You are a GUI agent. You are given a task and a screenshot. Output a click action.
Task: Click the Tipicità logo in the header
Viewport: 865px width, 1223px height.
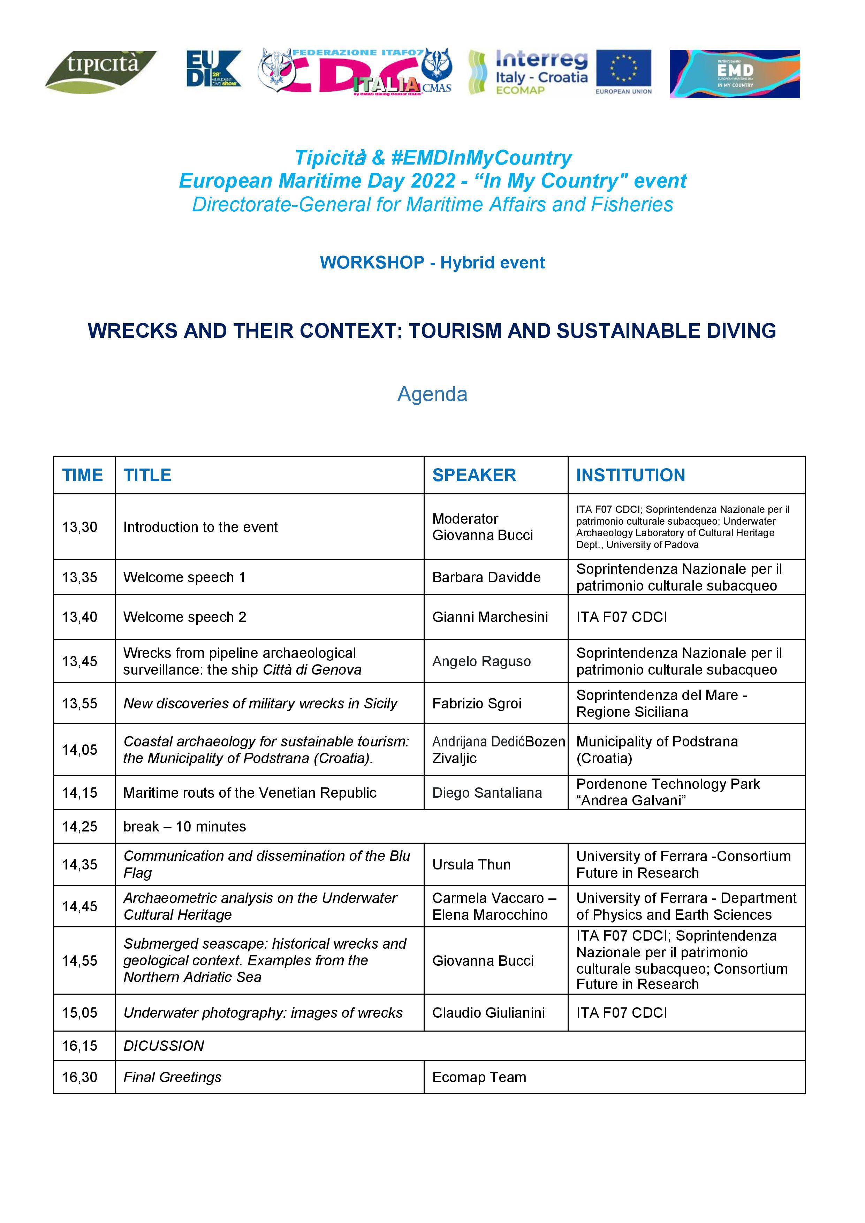100,71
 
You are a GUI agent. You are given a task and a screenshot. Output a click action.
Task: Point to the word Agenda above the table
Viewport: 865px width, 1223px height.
432,394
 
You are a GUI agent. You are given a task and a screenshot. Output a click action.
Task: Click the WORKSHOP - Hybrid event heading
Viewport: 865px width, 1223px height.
432,263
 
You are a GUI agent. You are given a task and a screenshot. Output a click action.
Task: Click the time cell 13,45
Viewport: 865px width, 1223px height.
80,662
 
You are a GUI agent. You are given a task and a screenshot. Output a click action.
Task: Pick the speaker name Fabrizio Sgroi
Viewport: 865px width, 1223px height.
476,704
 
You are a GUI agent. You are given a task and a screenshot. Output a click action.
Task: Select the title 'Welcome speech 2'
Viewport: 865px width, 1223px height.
184,617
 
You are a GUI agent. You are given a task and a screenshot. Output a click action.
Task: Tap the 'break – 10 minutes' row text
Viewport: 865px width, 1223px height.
184,827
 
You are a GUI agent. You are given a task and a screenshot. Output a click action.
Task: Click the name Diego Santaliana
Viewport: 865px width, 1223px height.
486,793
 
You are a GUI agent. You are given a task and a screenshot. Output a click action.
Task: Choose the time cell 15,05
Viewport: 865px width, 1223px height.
80,1012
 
